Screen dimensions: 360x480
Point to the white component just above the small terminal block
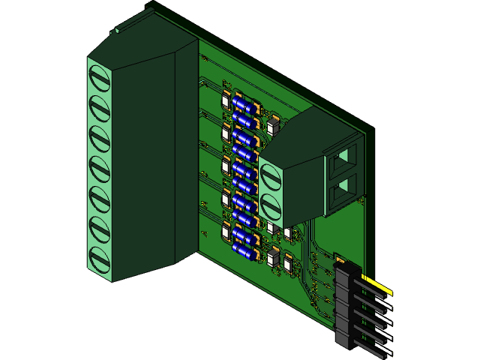coord(271,128)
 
